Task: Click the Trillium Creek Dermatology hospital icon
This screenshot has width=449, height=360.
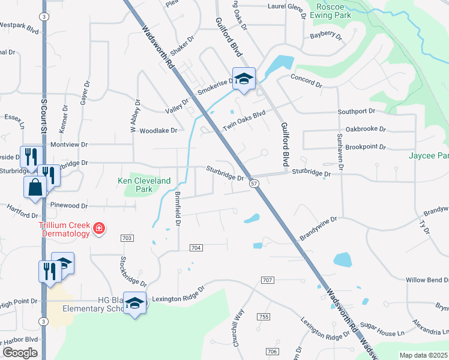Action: (x=99, y=228)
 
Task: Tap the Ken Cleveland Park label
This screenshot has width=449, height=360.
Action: (x=144, y=184)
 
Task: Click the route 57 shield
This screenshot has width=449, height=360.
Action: (x=255, y=183)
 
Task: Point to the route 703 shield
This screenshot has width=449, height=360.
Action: (x=127, y=238)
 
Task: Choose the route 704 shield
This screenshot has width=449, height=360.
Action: (x=196, y=247)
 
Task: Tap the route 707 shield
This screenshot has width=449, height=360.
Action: (x=268, y=280)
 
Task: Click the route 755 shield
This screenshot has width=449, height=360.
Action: (x=262, y=316)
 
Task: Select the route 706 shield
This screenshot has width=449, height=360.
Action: (x=273, y=351)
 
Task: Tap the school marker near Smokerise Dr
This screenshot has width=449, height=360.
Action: (x=244, y=79)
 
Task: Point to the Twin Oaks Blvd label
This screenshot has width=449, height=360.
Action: (x=244, y=120)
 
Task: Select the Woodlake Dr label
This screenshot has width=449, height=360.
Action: (x=158, y=130)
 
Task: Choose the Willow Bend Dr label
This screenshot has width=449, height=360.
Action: (x=427, y=280)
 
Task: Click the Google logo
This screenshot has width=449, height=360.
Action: (x=20, y=353)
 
